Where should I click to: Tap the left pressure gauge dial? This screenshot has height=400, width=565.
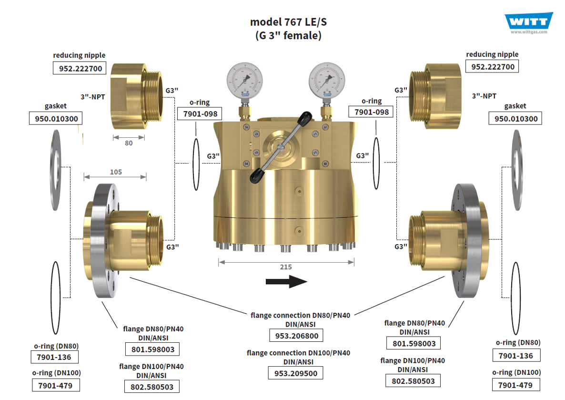pos(245,81)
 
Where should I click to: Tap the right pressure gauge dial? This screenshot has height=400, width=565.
pos(327,81)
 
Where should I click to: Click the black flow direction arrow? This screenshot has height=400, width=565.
pos(286,281)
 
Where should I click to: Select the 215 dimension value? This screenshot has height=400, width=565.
pos(286,267)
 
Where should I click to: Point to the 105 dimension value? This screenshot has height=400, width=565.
pos(116,172)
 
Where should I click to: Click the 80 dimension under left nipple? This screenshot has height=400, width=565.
pos(129,143)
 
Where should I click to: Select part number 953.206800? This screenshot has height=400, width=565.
pos(296,336)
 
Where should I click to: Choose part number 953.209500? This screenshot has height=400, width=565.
pos(296,373)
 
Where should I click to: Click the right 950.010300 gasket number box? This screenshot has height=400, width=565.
pos(515,119)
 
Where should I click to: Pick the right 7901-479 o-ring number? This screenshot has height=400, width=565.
pos(515,385)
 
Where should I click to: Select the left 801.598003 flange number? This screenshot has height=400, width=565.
pos(152,349)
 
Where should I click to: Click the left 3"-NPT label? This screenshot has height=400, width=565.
pos(92,96)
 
